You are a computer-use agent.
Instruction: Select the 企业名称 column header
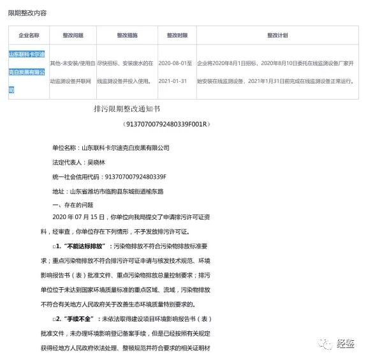[29, 36]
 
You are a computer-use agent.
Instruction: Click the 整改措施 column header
[127, 36]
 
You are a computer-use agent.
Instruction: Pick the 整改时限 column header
[178, 36]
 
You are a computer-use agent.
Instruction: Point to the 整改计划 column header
[277, 36]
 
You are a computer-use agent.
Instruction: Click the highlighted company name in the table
[28, 72]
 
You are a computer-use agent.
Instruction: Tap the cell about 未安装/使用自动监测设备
[73, 72]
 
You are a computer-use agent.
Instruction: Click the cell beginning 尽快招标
[126, 72]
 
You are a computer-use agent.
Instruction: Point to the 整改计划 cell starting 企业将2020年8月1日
[277, 72]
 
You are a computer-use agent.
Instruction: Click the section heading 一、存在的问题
[72, 204]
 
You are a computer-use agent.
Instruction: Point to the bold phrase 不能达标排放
[84, 246]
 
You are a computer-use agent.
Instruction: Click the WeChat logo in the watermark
[326, 344]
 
